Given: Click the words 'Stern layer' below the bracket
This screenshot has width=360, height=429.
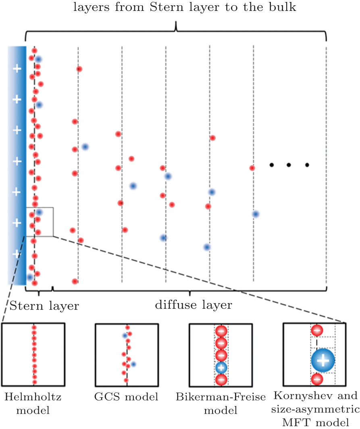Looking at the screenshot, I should [44, 306].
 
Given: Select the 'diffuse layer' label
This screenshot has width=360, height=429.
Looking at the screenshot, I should [194, 305].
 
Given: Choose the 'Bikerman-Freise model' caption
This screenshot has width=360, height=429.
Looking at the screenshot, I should [221, 404].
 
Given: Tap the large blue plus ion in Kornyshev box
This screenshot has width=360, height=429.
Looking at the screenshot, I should [323, 360].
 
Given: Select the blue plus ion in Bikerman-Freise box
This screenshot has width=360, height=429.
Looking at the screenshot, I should [221, 368].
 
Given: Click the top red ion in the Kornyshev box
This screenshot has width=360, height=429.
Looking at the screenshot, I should [316, 331].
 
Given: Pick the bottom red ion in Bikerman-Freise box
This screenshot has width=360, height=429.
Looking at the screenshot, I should [221, 380].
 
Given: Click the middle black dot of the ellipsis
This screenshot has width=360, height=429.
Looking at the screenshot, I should [289, 165].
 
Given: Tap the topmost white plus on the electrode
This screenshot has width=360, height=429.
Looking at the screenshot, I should [17, 69].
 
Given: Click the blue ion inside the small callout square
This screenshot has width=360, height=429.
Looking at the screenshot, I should [39, 212].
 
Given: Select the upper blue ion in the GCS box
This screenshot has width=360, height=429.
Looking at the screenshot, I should [125, 335].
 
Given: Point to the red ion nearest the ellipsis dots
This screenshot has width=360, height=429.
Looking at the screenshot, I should [252, 168].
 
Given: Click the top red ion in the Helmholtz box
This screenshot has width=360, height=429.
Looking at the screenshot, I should [34, 328].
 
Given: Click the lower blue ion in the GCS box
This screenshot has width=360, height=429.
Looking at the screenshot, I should [133, 364].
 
